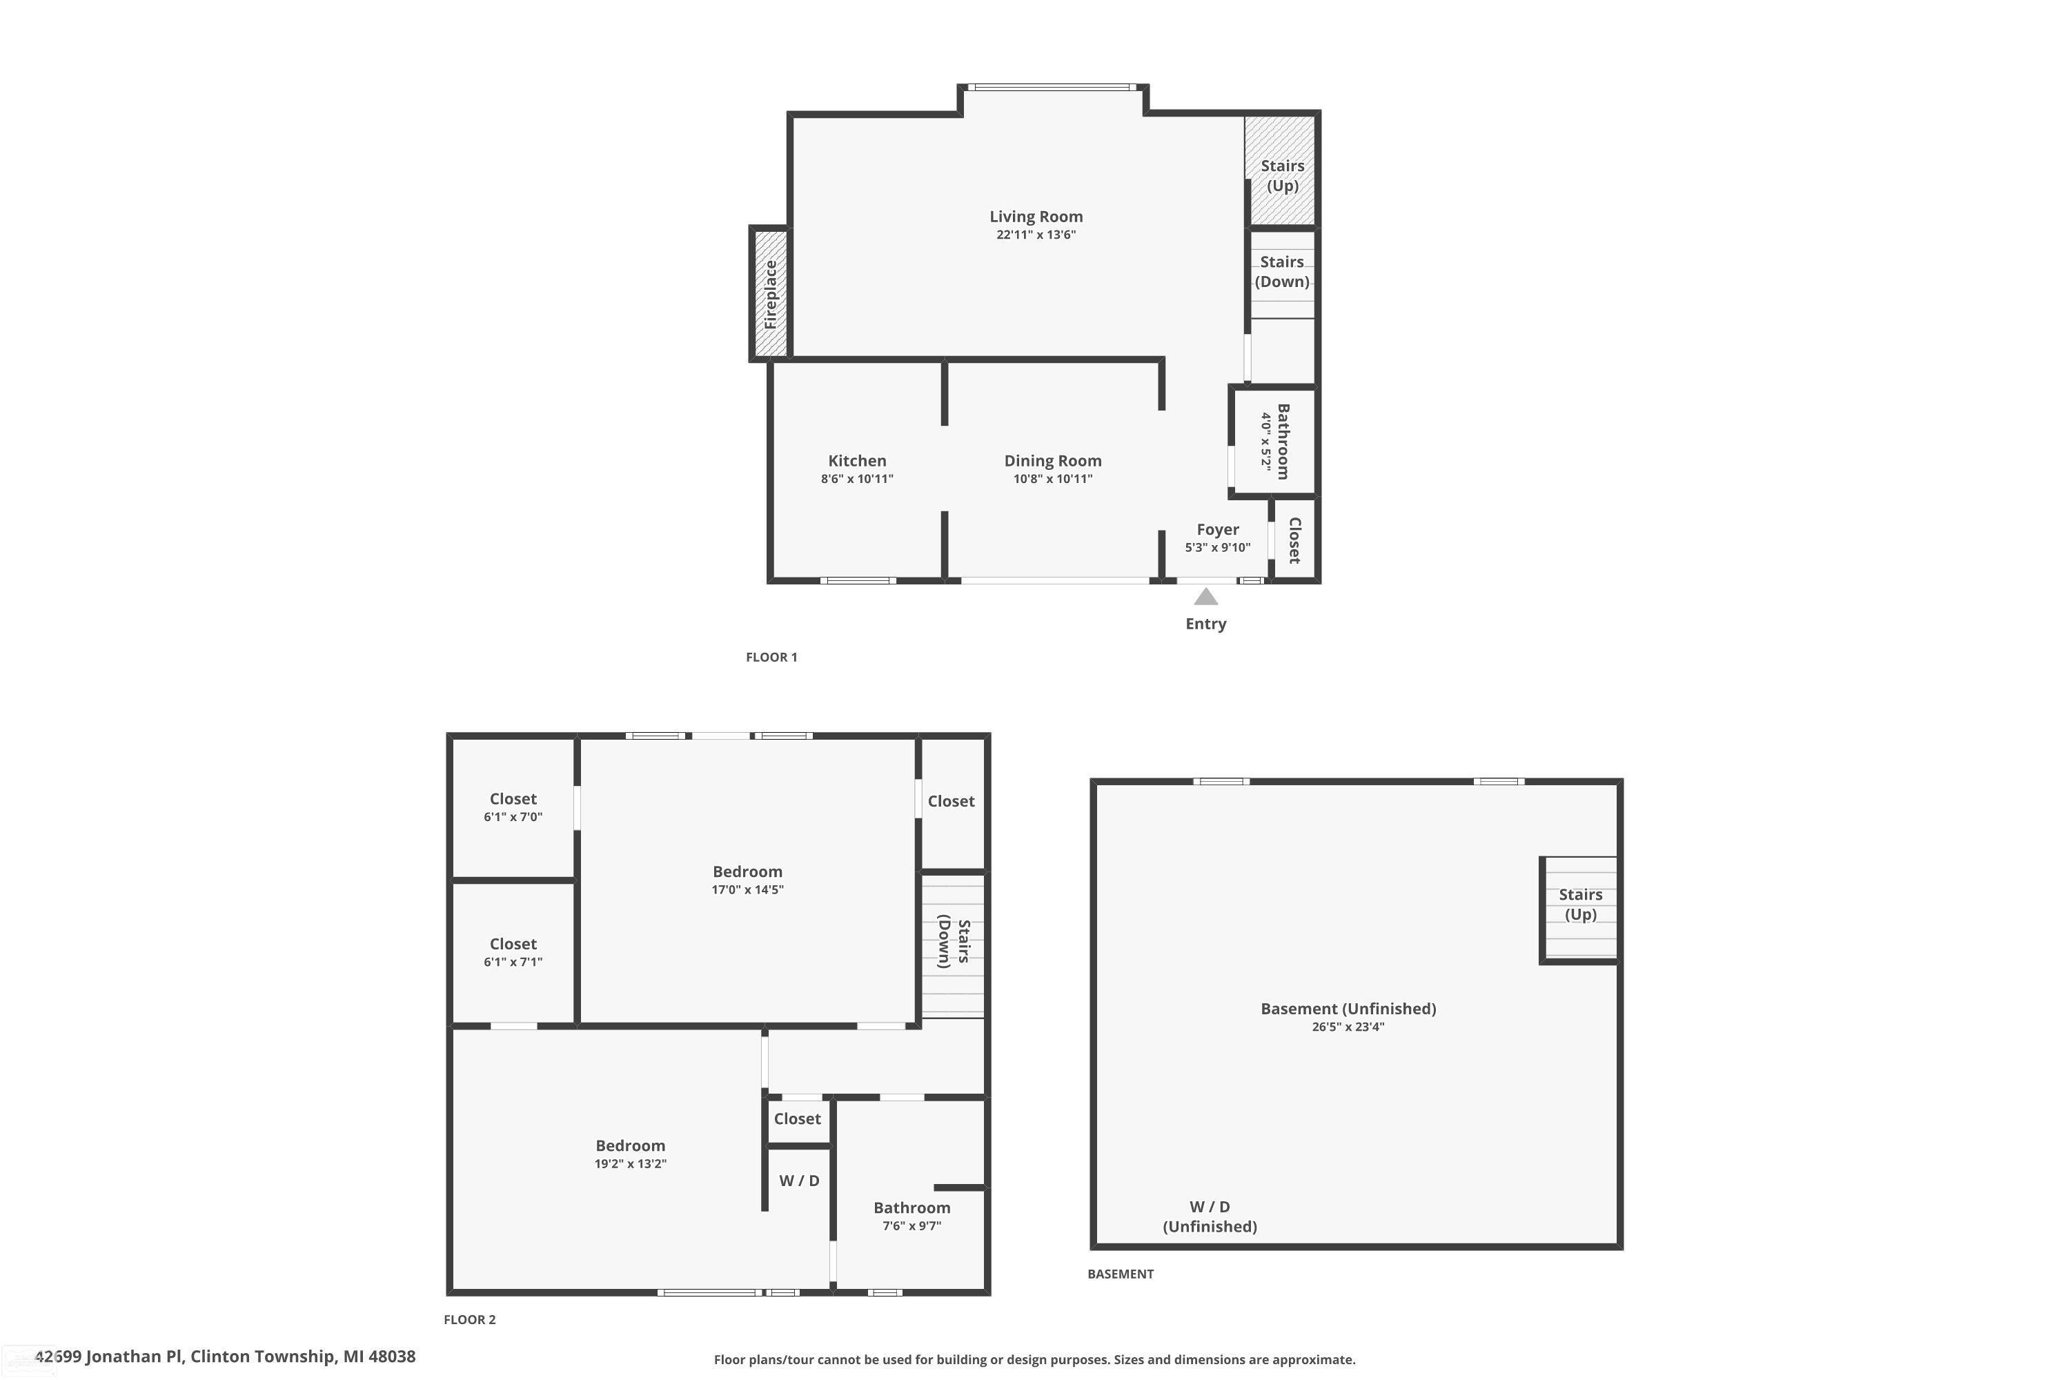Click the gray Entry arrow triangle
point(1205,597)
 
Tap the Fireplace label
point(771,294)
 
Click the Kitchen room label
point(857,460)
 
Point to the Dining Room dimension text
point(1053,479)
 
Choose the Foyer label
point(1218,529)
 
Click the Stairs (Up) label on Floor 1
point(1282,175)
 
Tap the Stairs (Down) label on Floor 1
point(1282,271)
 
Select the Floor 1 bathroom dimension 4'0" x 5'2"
point(1266,441)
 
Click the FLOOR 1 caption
point(772,657)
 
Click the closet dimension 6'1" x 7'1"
point(513,962)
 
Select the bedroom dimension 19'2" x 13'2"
point(630,1163)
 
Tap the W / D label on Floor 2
point(799,1180)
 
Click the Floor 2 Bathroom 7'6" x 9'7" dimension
point(911,1226)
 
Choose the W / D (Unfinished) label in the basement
point(1210,1216)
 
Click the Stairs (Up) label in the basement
point(1581,904)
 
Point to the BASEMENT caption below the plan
point(1121,1274)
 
